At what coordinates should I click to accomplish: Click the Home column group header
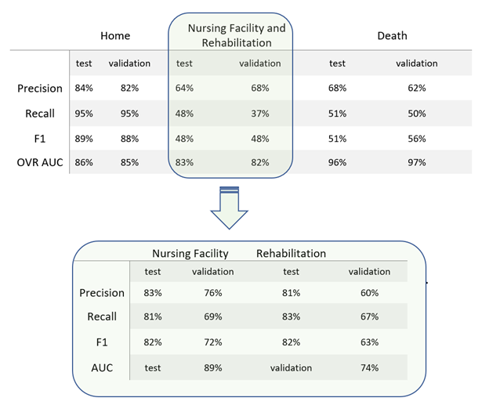click(x=115, y=36)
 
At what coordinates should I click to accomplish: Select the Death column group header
click(x=392, y=36)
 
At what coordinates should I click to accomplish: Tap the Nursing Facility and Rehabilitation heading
click(x=236, y=36)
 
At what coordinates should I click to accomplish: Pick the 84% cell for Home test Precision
click(x=84, y=89)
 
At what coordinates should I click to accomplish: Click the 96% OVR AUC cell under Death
click(x=337, y=163)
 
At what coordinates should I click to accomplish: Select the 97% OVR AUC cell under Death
click(x=416, y=163)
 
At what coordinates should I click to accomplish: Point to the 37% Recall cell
click(x=259, y=114)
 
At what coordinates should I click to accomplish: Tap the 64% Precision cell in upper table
click(x=185, y=89)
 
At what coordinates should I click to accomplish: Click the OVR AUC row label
click(x=40, y=163)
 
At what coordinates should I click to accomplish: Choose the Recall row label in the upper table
click(x=40, y=114)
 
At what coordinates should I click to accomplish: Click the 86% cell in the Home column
click(x=84, y=163)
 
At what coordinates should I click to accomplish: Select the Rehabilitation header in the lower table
click(x=291, y=254)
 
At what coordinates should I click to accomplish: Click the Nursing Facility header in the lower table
click(x=190, y=254)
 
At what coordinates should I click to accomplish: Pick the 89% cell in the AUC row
click(x=212, y=367)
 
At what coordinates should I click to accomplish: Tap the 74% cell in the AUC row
click(x=369, y=367)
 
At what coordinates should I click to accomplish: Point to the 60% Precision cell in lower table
click(x=369, y=293)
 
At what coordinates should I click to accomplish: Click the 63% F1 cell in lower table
click(x=369, y=342)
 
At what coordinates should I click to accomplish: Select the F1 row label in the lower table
click(x=101, y=342)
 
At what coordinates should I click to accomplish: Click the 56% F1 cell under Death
click(x=416, y=139)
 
